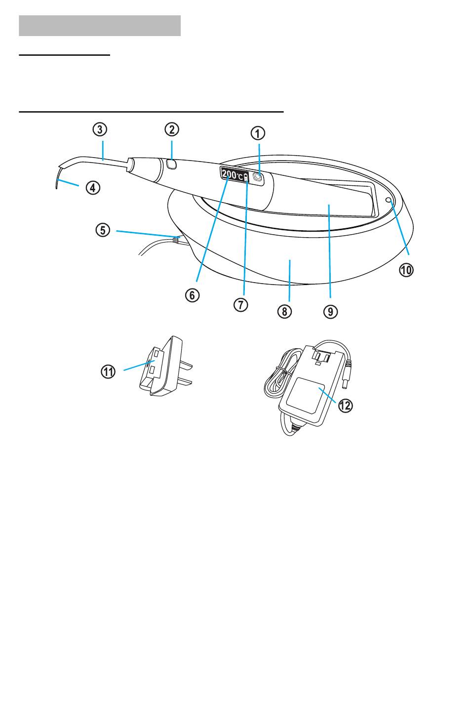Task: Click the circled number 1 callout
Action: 258,133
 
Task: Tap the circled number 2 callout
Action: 172,129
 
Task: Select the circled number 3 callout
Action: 100,129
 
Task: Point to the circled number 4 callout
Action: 92,188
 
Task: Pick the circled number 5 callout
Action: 103,230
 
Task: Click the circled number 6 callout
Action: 192,295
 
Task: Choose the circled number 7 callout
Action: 240,305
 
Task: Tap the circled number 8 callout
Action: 284,312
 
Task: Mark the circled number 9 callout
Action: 330,312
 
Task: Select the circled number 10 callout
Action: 406,270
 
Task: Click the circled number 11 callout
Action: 108,372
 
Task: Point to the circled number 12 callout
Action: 345,406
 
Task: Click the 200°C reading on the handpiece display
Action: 233,175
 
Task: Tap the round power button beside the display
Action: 258,177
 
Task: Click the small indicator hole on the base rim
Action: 389,200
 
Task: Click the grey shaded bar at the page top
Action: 100,26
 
